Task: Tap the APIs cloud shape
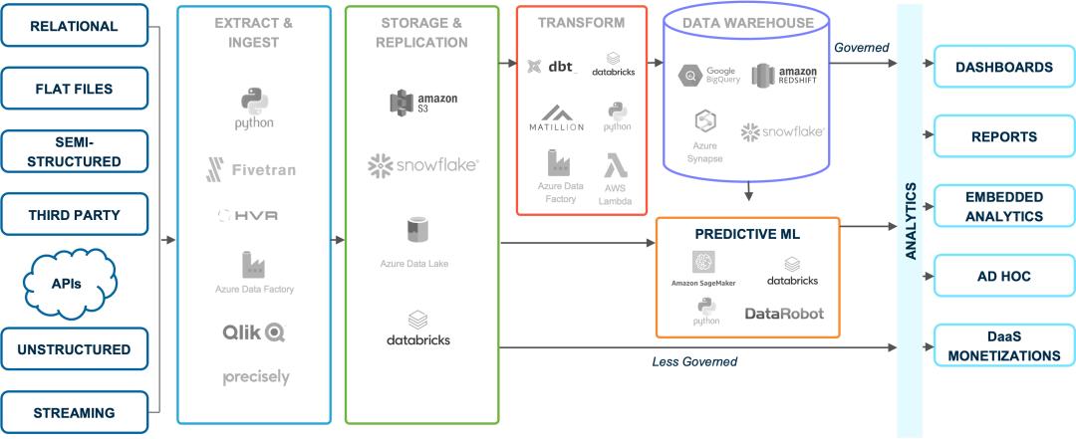(x=67, y=284)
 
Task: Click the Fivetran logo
(x=251, y=169)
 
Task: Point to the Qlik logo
(x=253, y=331)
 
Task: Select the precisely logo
(x=256, y=377)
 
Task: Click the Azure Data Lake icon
(x=415, y=231)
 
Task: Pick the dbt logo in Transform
(x=552, y=67)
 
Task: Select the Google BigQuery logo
(x=707, y=76)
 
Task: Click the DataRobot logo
(x=785, y=313)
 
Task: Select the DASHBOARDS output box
(x=1002, y=68)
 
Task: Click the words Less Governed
(x=693, y=362)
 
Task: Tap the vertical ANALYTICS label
(x=911, y=220)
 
